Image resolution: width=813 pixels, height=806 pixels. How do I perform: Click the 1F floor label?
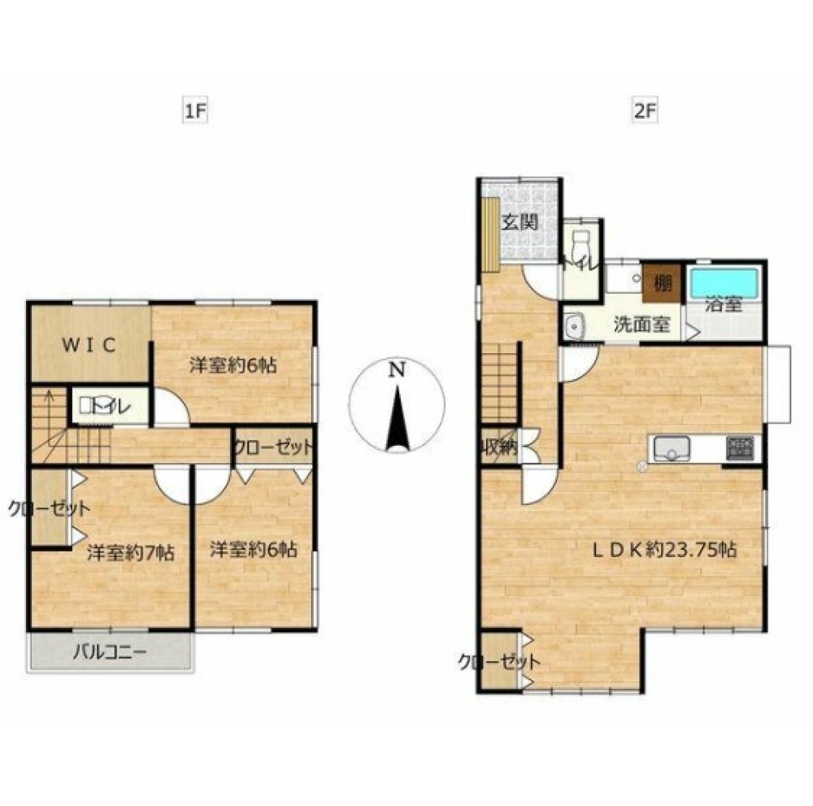click(195, 112)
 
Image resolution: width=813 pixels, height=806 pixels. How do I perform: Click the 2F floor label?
click(646, 112)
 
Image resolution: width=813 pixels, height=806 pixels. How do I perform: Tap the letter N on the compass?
click(397, 370)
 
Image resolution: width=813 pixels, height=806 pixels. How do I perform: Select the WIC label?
click(89, 345)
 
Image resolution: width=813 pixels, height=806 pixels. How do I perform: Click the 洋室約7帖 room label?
click(130, 553)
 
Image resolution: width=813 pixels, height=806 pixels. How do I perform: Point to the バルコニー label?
click(110, 651)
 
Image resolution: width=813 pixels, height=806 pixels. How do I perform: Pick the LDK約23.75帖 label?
click(664, 550)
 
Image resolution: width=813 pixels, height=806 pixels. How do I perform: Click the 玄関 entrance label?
click(520, 223)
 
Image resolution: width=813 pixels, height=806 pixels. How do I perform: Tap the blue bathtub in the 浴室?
click(724, 283)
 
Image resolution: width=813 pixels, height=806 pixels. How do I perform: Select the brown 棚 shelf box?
click(661, 283)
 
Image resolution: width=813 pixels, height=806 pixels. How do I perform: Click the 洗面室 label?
click(642, 325)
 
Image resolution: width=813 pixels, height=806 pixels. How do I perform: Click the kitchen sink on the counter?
click(672, 448)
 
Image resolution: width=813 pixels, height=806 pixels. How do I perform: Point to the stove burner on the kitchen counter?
click(740, 448)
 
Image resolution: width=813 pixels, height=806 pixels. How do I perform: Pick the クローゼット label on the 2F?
click(499, 662)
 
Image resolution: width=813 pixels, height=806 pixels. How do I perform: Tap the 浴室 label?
click(724, 305)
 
